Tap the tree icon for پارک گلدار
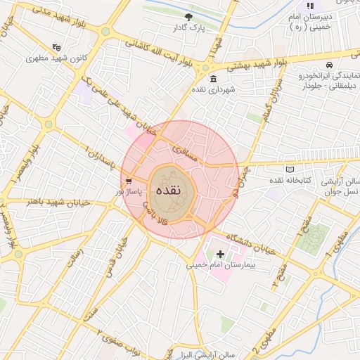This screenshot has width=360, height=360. point(188,17)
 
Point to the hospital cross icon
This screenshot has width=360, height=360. point(221,254)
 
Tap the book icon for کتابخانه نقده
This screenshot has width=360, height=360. point(290,169)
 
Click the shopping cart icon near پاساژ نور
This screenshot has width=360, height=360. point(128,181)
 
